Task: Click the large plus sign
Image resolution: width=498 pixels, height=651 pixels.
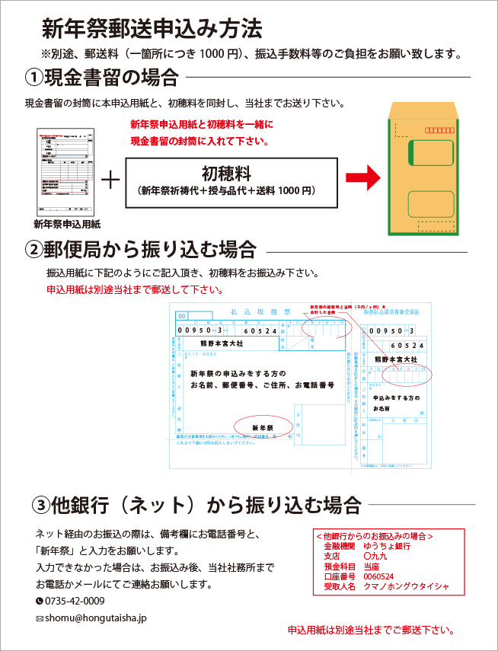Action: [x=110, y=180]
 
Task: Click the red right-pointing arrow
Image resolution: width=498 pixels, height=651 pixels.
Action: [x=362, y=179]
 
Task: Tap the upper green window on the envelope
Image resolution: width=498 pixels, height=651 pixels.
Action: [x=430, y=153]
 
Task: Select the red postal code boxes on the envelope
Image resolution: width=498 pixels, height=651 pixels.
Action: [x=439, y=130]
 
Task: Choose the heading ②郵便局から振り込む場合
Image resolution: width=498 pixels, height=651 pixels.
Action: [x=140, y=250]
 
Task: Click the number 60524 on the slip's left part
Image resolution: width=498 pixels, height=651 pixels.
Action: [x=260, y=330]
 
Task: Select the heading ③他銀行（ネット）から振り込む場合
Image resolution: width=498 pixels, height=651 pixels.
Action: [x=196, y=504]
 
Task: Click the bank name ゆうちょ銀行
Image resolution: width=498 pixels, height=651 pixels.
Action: [x=388, y=546]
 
